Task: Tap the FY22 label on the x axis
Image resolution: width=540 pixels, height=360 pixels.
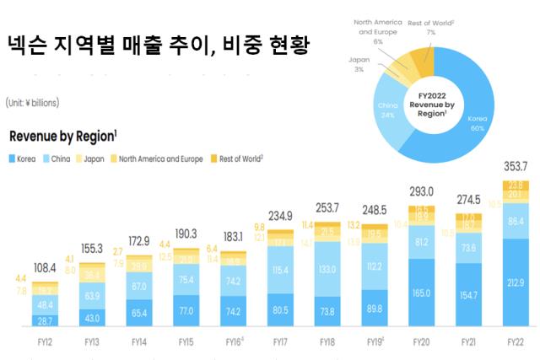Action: [x=515, y=341]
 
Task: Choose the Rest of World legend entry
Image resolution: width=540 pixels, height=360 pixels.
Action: [x=239, y=158]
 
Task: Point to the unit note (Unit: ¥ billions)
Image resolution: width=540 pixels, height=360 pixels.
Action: [x=32, y=102]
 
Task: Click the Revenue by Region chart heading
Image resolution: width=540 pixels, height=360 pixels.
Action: [x=63, y=137]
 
